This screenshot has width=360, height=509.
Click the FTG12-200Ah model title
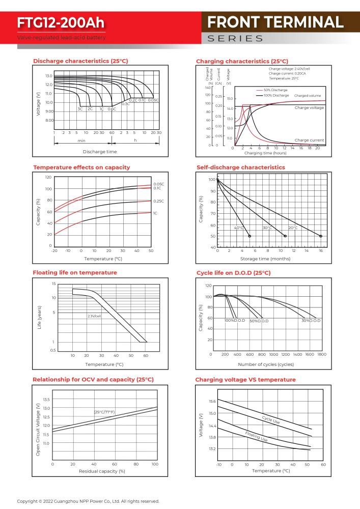[x=61, y=23]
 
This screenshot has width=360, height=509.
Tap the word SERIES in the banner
[x=235, y=39]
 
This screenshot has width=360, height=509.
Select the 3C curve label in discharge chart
[x=80, y=109]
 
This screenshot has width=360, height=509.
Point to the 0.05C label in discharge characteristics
[x=153, y=100]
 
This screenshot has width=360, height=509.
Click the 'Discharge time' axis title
[x=100, y=152]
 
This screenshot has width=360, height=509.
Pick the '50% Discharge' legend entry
[x=275, y=90]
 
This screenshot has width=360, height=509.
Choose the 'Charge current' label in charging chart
[x=309, y=140]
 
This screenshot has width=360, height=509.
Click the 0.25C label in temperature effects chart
[x=158, y=201]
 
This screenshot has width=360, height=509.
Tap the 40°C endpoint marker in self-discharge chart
[x=250, y=236]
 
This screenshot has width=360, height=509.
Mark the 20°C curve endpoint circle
[x=321, y=236]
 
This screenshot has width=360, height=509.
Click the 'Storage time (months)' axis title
[x=265, y=259]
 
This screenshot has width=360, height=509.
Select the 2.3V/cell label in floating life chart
[x=94, y=316]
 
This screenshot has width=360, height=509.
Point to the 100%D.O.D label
[x=235, y=320]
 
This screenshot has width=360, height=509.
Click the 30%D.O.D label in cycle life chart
[x=311, y=320]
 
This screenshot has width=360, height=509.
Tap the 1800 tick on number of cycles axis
[x=322, y=354]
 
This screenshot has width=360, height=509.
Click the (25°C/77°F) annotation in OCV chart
[x=104, y=412]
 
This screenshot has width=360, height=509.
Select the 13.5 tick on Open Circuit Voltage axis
[x=46, y=399]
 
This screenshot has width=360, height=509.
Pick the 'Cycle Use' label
[x=271, y=420]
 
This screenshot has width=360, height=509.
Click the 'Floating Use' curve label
[x=256, y=436]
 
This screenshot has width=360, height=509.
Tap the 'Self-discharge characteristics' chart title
[x=240, y=167]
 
